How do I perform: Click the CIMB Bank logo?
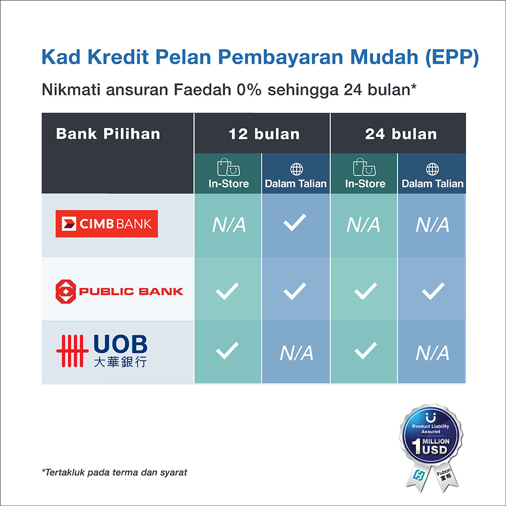(x=107, y=224)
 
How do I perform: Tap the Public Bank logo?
(x=119, y=292)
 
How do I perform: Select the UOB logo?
(x=102, y=351)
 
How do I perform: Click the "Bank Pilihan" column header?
(x=108, y=134)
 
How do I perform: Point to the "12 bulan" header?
(x=264, y=134)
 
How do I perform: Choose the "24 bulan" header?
(x=401, y=134)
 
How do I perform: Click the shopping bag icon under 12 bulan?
(x=228, y=167)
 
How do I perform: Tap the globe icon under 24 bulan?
(x=432, y=169)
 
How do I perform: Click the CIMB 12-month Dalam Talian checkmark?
(x=295, y=222)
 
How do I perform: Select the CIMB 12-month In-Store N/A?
(x=229, y=225)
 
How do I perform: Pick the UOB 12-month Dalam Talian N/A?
(x=296, y=353)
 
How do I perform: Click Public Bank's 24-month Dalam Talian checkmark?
(x=433, y=291)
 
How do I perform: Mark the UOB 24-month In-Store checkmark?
(x=365, y=350)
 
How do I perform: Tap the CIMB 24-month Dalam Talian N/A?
(x=432, y=225)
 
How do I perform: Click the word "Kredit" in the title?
(x=118, y=57)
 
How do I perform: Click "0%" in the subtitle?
(x=249, y=89)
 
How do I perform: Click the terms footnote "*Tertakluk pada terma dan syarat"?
(x=114, y=472)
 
